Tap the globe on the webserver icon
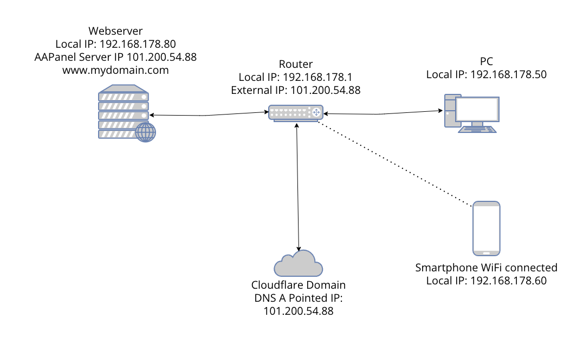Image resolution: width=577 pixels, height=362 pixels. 145,132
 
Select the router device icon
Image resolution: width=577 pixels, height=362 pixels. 296,113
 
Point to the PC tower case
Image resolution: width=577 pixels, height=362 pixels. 450,111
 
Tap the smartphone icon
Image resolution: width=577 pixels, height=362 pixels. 486,228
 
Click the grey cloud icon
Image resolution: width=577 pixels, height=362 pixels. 298,264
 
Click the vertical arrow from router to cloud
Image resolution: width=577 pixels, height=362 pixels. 297,185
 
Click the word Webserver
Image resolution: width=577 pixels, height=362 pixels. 115,31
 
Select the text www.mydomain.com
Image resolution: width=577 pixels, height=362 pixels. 115,70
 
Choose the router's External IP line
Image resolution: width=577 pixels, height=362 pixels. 295,90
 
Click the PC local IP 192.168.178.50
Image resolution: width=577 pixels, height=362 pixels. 486,74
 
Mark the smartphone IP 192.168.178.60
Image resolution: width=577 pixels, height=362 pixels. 486,281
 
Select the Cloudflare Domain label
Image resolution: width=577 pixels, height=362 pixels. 298,285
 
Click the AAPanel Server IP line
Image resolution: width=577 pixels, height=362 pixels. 115,57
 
